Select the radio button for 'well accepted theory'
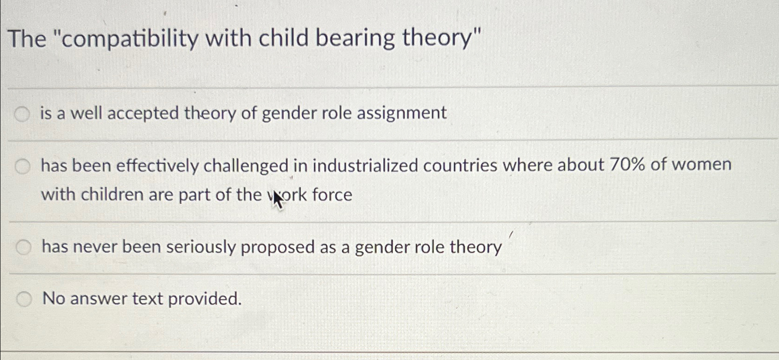point(22,114)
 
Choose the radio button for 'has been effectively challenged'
point(22,166)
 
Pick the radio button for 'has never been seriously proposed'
point(23,248)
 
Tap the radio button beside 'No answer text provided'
point(24,300)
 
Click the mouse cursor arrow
point(277,199)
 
